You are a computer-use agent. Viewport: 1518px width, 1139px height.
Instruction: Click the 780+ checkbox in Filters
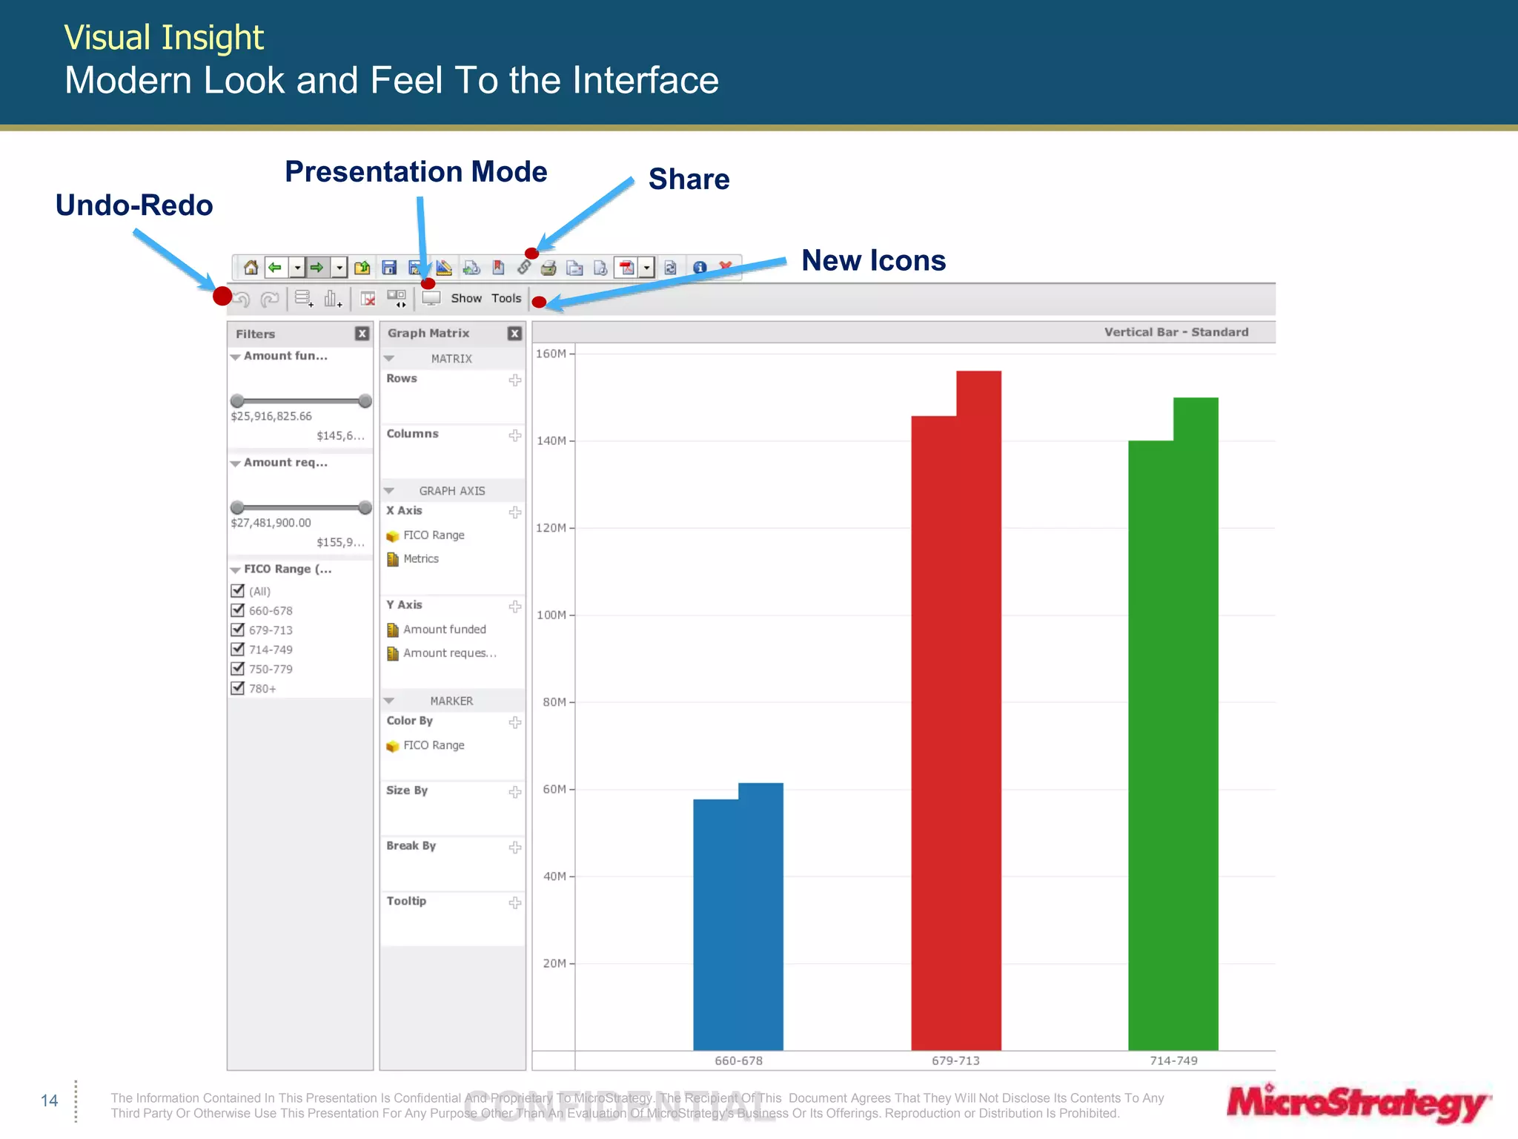[238, 688]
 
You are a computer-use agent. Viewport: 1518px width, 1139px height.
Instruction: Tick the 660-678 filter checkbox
[238, 610]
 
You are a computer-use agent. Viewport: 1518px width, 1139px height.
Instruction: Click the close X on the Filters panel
[362, 334]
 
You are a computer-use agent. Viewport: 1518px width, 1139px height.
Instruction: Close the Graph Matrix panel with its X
[514, 334]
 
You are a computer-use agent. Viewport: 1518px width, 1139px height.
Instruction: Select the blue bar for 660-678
[738, 920]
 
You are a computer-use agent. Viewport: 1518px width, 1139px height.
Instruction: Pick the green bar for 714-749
[1173, 742]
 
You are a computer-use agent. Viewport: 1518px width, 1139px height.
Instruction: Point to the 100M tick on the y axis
[552, 615]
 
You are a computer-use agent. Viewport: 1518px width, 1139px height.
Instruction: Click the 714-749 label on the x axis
[1173, 1060]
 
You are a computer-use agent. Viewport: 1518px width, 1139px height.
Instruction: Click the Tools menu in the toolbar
[506, 298]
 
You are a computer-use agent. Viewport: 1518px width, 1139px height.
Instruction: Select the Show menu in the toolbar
[466, 298]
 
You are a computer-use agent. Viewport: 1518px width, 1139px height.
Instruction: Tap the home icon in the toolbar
[251, 267]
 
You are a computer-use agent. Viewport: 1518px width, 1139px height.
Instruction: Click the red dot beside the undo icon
[222, 296]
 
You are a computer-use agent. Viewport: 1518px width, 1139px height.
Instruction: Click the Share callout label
[689, 179]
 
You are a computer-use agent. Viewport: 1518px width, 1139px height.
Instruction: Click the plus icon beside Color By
[515, 722]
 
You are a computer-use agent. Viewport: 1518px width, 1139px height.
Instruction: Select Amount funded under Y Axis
[444, 630]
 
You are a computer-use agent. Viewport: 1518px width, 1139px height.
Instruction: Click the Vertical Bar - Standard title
[1176, 332]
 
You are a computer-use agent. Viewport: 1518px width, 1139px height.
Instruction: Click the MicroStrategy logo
[1357, 1103]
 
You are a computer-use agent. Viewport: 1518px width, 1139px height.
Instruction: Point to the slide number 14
[49, 1100]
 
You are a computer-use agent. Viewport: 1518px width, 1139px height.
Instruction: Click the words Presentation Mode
[416, 172]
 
